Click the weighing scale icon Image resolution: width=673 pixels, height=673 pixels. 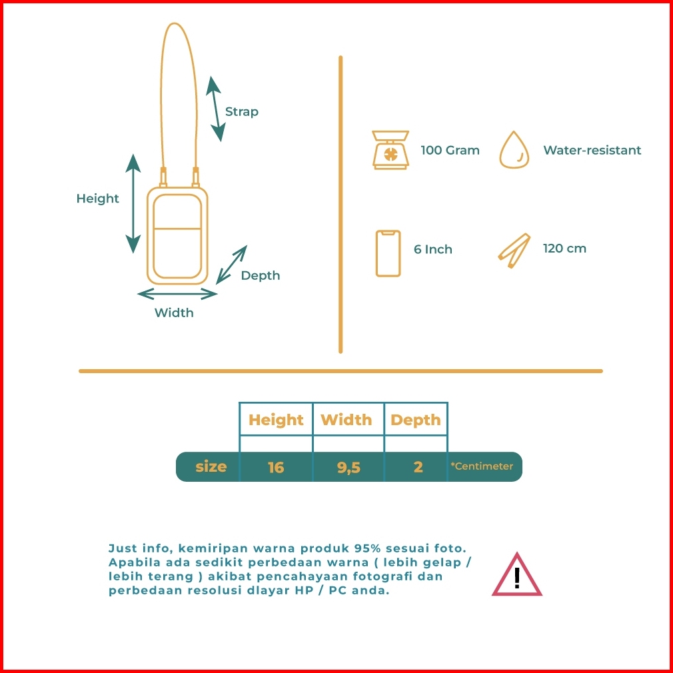390,150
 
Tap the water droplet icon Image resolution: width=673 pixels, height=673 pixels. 514,150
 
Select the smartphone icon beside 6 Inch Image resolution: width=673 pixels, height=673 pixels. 388,253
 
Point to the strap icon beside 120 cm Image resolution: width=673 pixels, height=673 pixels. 514,250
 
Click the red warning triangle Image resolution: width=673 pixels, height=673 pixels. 516,575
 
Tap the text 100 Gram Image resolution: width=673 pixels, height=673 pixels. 450,151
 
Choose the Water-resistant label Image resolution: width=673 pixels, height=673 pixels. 592,151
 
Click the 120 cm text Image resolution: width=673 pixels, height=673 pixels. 564,249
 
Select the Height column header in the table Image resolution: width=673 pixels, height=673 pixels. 276,420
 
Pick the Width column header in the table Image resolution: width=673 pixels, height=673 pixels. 346,420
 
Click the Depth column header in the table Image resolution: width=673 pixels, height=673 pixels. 416,420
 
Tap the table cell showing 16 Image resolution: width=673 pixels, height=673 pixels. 276,467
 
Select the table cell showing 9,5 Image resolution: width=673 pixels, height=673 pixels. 348,467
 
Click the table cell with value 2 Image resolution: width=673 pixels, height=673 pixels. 418,467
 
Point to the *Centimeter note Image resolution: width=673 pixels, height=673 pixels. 482,466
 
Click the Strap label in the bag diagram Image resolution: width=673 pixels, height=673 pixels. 241,112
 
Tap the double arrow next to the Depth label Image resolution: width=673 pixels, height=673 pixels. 231,265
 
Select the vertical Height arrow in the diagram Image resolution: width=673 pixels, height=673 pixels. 134,203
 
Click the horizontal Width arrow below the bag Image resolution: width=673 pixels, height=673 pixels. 177,293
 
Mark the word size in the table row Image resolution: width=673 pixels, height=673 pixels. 211,467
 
